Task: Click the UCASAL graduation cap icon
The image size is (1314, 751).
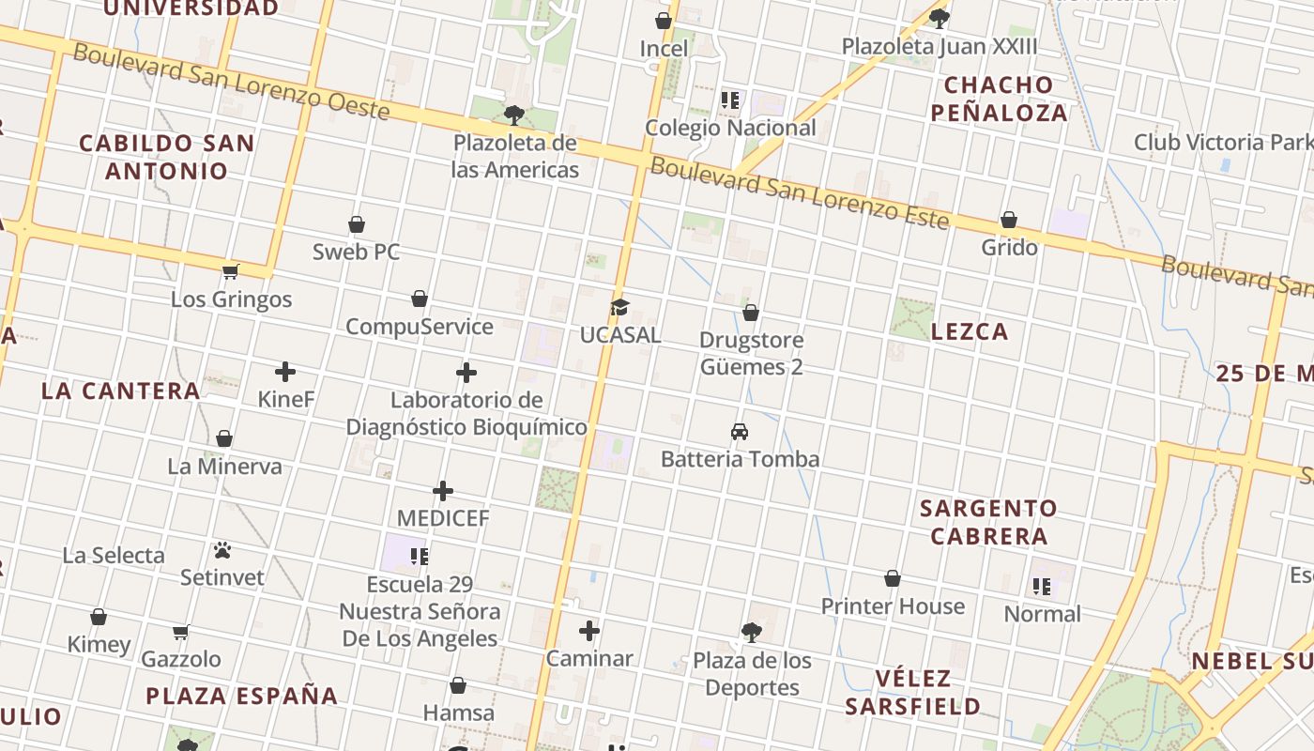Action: point(619,307)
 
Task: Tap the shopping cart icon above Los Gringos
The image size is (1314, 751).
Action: point(230,271)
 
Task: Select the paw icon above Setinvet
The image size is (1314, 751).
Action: point(222,550)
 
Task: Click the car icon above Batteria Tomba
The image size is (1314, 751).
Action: point(740,432)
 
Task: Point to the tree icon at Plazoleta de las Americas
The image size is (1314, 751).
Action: point(513,115)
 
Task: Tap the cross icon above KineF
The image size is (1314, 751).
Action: point(285,372)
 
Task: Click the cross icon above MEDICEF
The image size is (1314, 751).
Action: point(443,491)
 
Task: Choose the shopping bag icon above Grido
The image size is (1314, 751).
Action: point(1009,220)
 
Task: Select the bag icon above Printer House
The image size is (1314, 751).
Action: point(893,578)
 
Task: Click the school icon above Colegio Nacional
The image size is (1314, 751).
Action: point(730,100)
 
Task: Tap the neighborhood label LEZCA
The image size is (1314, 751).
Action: point(970,331)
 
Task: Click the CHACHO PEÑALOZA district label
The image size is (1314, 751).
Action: point(1005,99)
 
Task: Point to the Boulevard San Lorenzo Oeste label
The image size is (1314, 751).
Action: point(231,81)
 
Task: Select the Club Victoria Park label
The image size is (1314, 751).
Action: point(1223,142)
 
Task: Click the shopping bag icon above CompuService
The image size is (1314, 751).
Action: point(420,299)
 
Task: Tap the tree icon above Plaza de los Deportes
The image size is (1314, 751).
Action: point(751,632)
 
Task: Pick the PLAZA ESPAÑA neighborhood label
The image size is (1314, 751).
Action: point(241,696)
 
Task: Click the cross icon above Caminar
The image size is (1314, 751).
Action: point(589,631)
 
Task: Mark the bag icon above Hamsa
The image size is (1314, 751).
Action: point(458,685)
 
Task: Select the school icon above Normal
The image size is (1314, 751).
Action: point(1042,587)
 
